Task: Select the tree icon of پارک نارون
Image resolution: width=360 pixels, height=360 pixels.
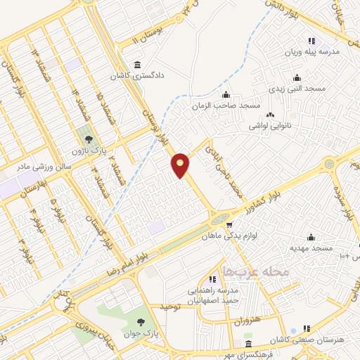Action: point(88,139)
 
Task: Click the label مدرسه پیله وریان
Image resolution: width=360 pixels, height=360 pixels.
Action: point(312,52)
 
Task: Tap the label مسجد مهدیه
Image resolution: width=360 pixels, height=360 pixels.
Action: point(310,249)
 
